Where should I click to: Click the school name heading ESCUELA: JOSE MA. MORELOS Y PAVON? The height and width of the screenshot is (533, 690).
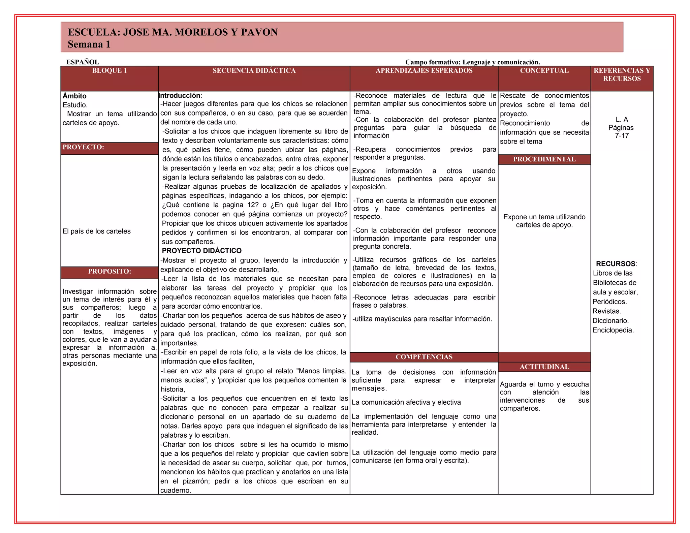point(172,32)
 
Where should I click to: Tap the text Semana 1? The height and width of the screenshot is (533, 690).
point(89,44)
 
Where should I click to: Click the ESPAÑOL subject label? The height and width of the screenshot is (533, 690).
point(83,62)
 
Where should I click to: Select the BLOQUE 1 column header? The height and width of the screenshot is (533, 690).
point(109,71)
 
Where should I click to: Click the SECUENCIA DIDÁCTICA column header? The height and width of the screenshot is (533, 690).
point(254,71)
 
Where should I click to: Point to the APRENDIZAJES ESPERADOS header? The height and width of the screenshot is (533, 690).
point(424,71)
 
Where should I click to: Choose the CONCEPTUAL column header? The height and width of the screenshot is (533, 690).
point(544,71)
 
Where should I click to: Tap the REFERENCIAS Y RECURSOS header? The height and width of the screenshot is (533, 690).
point(622,74)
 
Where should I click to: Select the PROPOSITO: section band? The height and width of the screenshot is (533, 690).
point(109,272)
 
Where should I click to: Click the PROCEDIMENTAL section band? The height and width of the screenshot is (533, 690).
point(544,159)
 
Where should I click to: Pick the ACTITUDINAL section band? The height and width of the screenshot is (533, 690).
point(544,367)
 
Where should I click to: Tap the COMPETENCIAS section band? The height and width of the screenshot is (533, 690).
point(424,357)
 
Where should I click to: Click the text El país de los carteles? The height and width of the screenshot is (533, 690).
point(96,231)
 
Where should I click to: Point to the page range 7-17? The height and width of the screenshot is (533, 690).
point(622,136)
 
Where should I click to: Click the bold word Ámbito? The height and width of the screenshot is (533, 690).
point(74,96)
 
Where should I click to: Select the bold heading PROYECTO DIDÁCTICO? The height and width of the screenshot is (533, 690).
point(201,251)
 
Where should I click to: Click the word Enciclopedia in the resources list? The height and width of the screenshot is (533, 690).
point(613,330)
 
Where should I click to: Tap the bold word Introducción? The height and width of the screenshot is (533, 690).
point(179,96)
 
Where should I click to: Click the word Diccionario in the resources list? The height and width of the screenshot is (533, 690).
point(610,321)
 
